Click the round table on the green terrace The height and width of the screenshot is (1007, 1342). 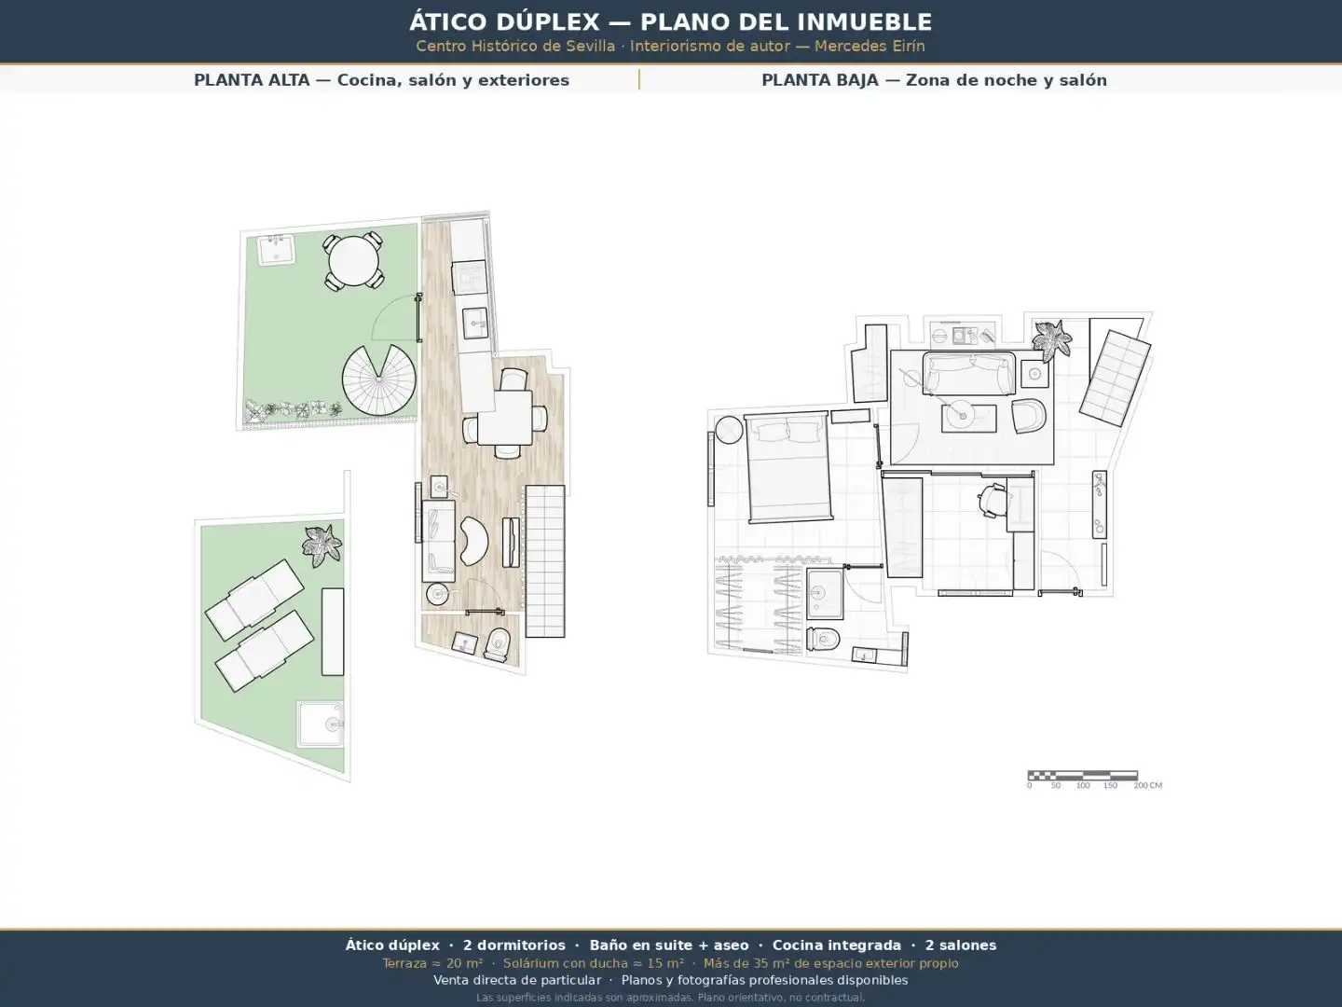(x=353, y=261)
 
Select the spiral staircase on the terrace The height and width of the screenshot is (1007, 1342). (x=379, y=380)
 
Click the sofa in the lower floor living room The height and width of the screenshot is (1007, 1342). (x=968, y=374)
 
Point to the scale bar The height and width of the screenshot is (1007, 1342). (x=1082, y=775)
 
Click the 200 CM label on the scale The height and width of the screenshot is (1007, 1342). (x=1147, y=786)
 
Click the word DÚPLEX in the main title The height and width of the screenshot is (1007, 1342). (x=548, y=22)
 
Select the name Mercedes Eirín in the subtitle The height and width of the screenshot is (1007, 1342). (x=870, y=47)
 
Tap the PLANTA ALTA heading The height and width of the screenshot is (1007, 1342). (x=252, y=80)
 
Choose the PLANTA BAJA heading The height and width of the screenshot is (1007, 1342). (x=820, y=80)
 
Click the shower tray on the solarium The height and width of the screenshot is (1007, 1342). (x=321, y=724)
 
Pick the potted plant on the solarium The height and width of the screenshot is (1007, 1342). (x=322, y=545)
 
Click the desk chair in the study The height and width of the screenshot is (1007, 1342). (x=992, y=500)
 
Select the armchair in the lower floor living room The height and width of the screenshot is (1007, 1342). (x=1028, y=416)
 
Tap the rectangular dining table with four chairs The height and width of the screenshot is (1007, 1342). (x=505, y=418)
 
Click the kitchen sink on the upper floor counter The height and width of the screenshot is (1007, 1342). (x=474, y=323)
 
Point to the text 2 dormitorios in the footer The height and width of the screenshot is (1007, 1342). (x=514, y=945)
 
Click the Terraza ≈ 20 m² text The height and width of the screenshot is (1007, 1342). (x=432, y=963)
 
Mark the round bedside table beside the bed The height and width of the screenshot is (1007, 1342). (x=729, y=430)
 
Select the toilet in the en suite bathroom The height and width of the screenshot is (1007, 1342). (x=823, y=640)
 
